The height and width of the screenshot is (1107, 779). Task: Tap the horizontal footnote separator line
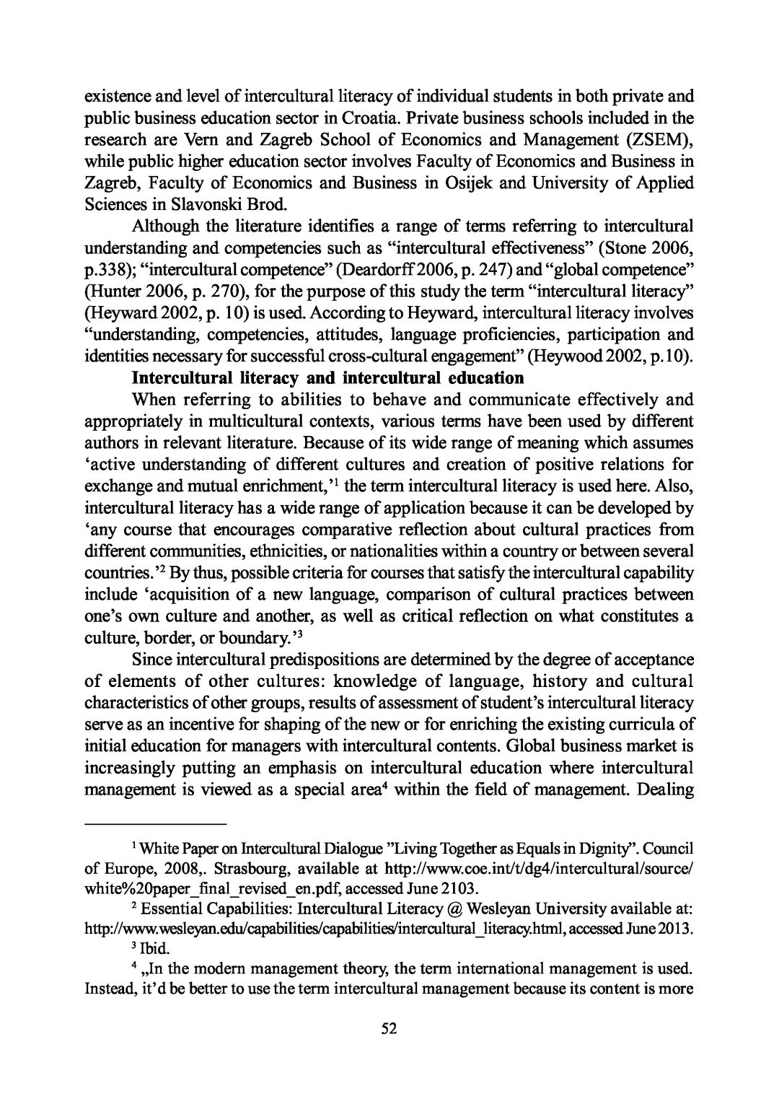155,823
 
